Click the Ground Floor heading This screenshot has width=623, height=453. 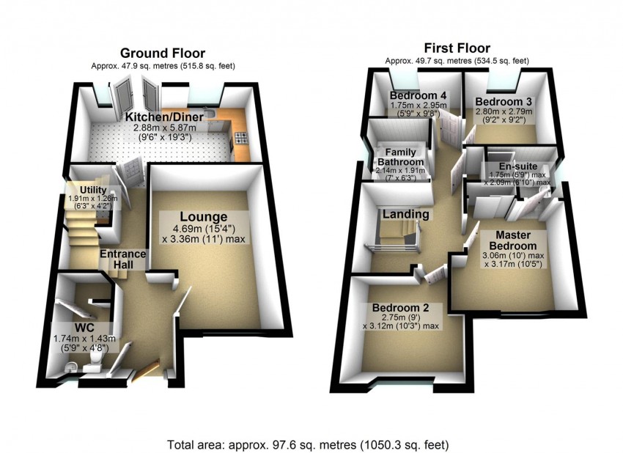[x=162, y=53]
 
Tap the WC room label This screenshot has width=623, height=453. [x=84, y=327]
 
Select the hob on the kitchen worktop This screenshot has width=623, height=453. [x=240, y=139]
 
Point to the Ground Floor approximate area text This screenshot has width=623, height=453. [x=163, y=66]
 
